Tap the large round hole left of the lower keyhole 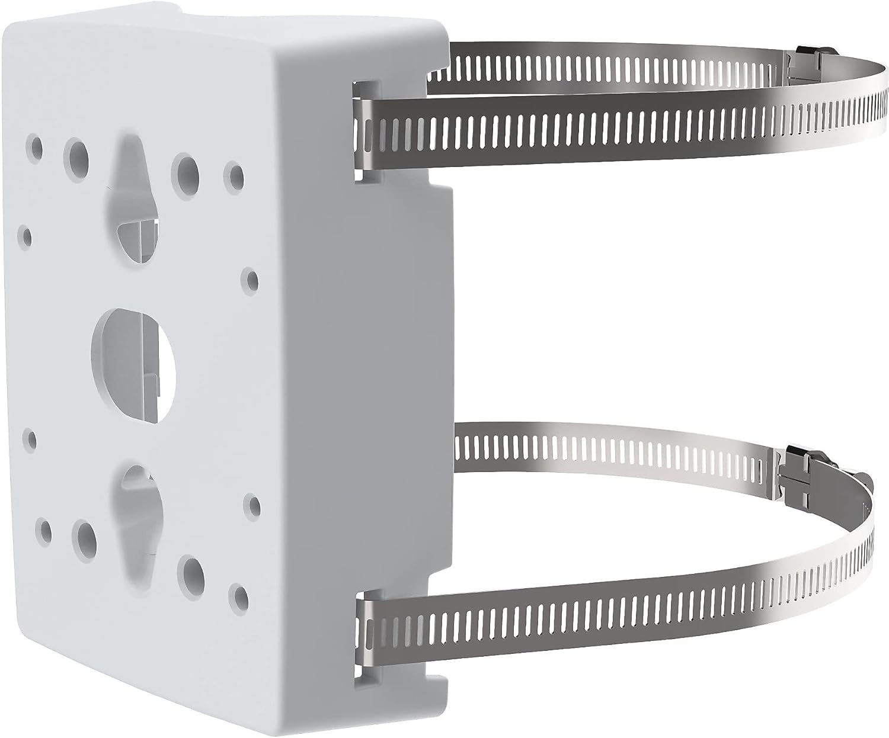point(84,534)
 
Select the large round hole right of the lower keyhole point(193,570)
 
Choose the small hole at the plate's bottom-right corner point(238,593)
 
